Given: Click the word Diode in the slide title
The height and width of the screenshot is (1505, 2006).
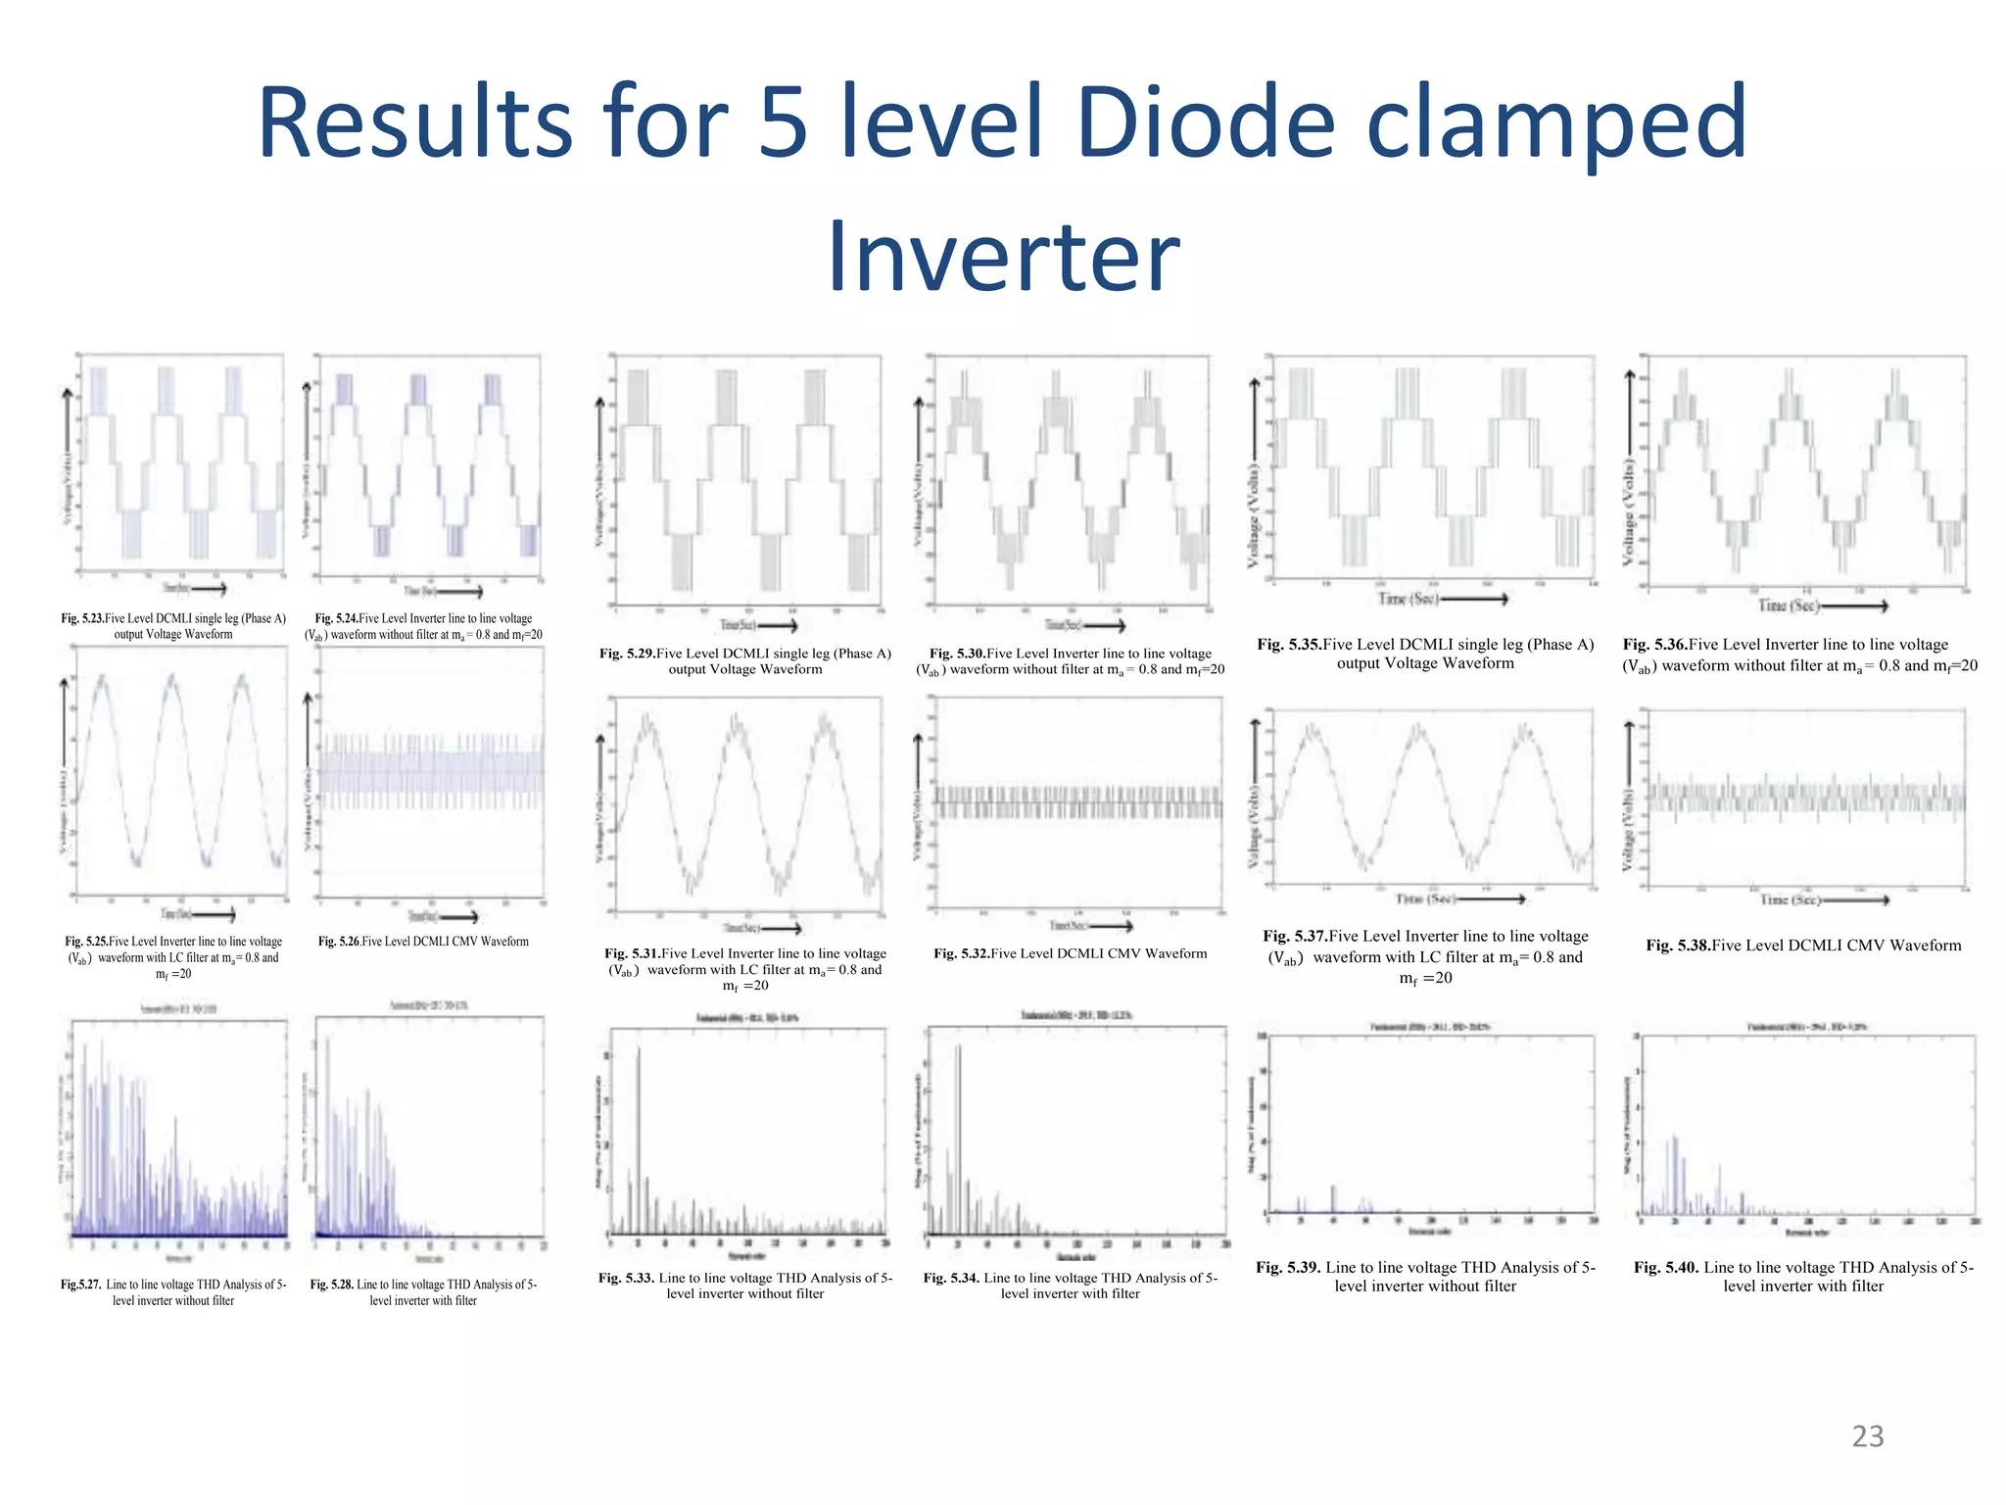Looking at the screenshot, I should click(1205, 122).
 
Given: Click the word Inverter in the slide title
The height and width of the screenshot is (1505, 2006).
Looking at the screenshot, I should click(1003, 257).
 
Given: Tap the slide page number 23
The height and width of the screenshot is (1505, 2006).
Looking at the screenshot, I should click(1868, 1436).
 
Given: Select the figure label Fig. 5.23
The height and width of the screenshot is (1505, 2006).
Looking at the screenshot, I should click(82, 618).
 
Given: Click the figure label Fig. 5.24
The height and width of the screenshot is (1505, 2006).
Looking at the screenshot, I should click(336, 618).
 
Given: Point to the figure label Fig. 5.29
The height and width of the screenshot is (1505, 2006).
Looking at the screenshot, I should click(627, 654).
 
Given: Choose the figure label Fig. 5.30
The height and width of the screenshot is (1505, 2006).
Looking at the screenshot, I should click(957, 654).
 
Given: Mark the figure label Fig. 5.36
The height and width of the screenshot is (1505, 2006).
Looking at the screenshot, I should click(1654, 645).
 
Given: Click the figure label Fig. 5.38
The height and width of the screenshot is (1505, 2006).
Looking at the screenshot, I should click(1678, 946).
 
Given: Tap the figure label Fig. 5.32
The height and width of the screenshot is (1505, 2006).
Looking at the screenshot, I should click(961, 953).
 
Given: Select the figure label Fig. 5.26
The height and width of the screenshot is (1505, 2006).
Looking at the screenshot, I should click(339, 942).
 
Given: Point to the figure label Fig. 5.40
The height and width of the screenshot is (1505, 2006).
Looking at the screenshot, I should click(1666, 1268).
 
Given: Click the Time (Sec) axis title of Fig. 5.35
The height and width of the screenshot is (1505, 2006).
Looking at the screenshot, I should click(1409, 599).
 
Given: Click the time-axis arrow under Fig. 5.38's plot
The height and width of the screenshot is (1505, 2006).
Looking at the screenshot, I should click(1855, 899).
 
